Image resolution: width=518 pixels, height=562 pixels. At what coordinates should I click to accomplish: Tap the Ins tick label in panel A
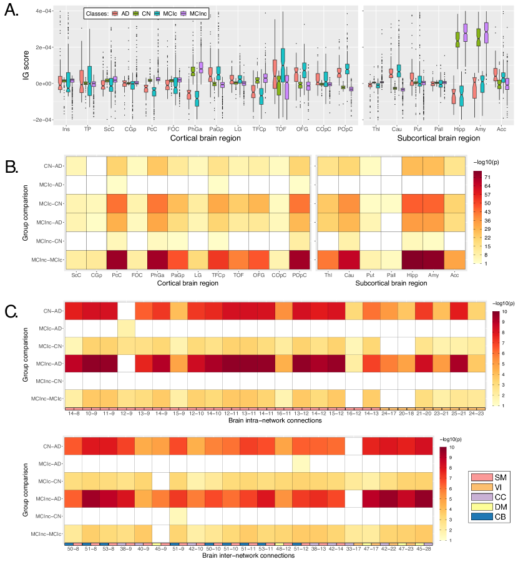66,129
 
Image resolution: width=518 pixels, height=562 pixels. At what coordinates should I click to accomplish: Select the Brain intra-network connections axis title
276,422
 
